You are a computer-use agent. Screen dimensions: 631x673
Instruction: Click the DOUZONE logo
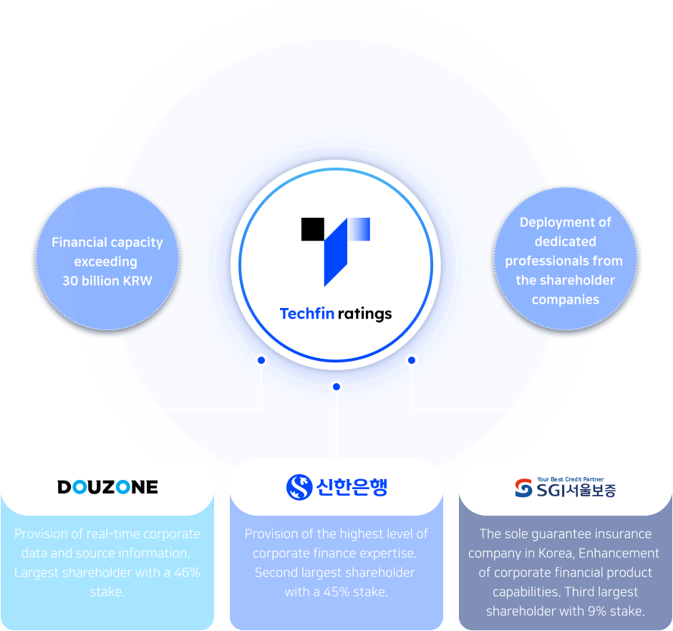point(107,487)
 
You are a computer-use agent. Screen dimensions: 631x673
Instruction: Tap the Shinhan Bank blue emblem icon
point(299,487)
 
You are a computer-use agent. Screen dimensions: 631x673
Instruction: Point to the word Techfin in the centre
point(306,314)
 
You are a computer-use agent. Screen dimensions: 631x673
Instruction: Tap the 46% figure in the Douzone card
point(185,572)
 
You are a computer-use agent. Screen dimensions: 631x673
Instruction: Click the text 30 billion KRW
point(107,281)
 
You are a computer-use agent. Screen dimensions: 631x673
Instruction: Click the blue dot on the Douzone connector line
point(261,360)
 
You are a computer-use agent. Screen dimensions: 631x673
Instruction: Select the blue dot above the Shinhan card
point(336,387)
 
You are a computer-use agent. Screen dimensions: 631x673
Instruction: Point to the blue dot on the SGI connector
point(411,360)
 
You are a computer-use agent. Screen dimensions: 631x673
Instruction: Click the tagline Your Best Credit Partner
point(570,479)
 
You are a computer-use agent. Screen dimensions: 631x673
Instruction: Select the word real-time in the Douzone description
point(126,534)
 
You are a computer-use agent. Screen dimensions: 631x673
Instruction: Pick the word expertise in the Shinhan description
point(385,553)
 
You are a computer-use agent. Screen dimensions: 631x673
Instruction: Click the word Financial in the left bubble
point(79,242)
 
